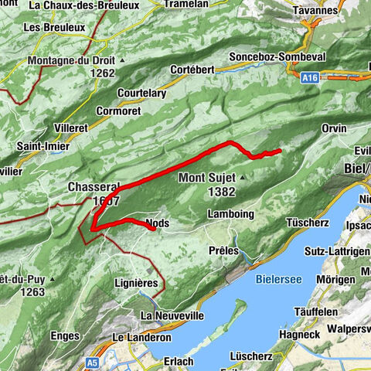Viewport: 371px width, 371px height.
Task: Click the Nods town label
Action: (x=157, y=224)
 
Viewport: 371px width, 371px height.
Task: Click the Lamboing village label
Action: (x=230, y=214)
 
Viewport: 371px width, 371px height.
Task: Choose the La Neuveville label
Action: (x=172, y=315)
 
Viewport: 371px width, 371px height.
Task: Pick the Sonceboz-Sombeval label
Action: (x=278, y=58)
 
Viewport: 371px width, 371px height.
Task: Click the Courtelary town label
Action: (x=141, y=94)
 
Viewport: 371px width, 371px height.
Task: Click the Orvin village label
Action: (x=334, y=128)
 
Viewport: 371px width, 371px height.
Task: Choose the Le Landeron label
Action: (x=141, y=338)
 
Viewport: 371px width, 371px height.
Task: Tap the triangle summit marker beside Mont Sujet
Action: (x=242, y=178)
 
